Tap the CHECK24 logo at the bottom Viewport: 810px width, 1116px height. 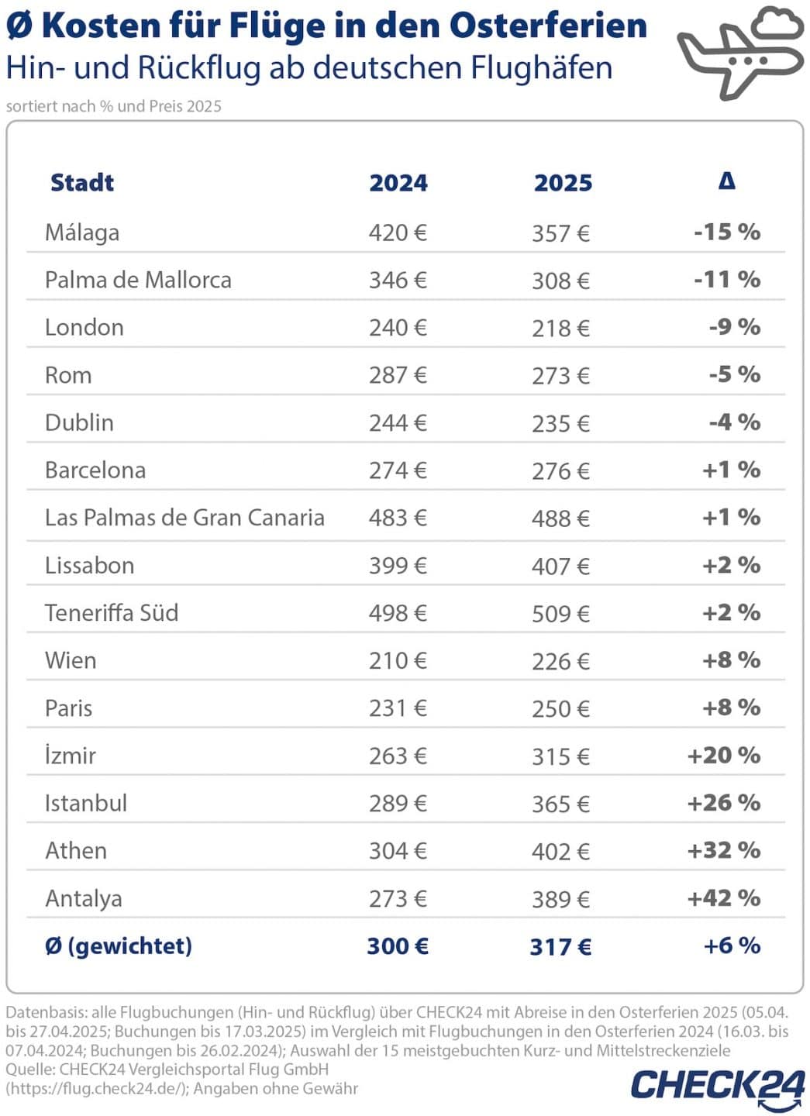pyautogui.click(x=717, y=1084)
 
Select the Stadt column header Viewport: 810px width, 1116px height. pyautogui.click(x=81, y=183)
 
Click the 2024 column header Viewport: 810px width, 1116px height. pyautogui.click(x=398, y=184)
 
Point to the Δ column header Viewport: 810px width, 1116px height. pyautogui.click(x=726, y=181)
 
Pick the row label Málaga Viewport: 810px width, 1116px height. pyautogui.click(x=82, y=232)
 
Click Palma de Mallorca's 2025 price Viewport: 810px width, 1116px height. pyautogui.click(x=560, y=281)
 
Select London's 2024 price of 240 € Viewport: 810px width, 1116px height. pyautogui.click(x=398, y=328)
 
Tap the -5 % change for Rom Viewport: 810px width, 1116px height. pyautogui.click(x=734, y=375)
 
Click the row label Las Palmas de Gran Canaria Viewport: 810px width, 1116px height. pyautogui.click(x=184, y=518)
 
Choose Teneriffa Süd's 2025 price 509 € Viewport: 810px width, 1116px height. pyautogui.click(x=560, y=614)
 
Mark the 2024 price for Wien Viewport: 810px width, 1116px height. pyautogui.click(x=398, y=661)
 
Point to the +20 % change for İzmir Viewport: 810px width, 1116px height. pyautogui.click(x=724, y=756)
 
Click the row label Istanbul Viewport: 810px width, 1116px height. pyautogui.click(x=86, y=803)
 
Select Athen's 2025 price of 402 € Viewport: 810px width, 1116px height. pyautogui.click(x=560, y=852)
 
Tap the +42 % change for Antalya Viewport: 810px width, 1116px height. pyautogui.click(x=724, y=898)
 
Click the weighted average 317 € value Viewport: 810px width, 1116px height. pyautogui.click(x=560, y=947)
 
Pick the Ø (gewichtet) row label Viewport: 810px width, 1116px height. pyautogui.click(x=119, y=946)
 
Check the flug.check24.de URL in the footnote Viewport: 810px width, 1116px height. pyautogui.click(x=96, y=1089)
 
